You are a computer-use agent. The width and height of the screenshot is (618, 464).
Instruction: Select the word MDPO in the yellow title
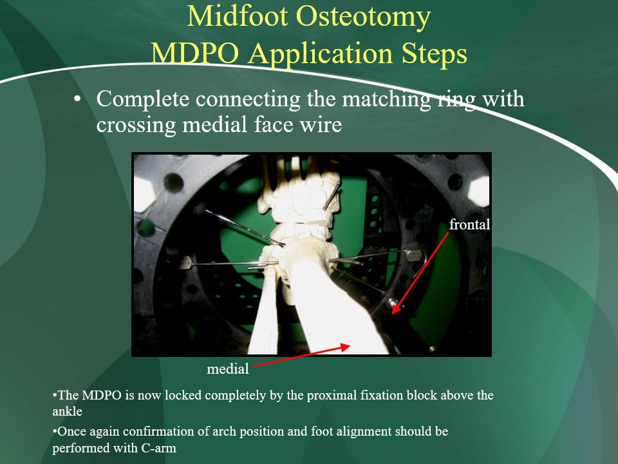[x=194, y=53]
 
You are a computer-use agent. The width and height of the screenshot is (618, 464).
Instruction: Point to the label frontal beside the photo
[x=469, y=224]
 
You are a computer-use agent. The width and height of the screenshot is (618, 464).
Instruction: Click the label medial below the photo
[x=228, y=369]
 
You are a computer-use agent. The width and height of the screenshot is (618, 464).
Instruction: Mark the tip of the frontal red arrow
[x=393, y=314]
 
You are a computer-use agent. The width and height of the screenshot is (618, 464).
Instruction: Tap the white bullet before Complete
[x=77, y=99]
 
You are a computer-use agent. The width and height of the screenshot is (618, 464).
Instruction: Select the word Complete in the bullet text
[x=143, y=99]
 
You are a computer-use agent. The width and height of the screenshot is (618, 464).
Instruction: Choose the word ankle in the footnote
[x=68, y=412]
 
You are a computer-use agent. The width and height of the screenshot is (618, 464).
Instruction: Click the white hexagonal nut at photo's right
[x=478, y=191]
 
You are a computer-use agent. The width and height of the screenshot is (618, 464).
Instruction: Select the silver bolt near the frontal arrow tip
[x=392, y=303]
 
